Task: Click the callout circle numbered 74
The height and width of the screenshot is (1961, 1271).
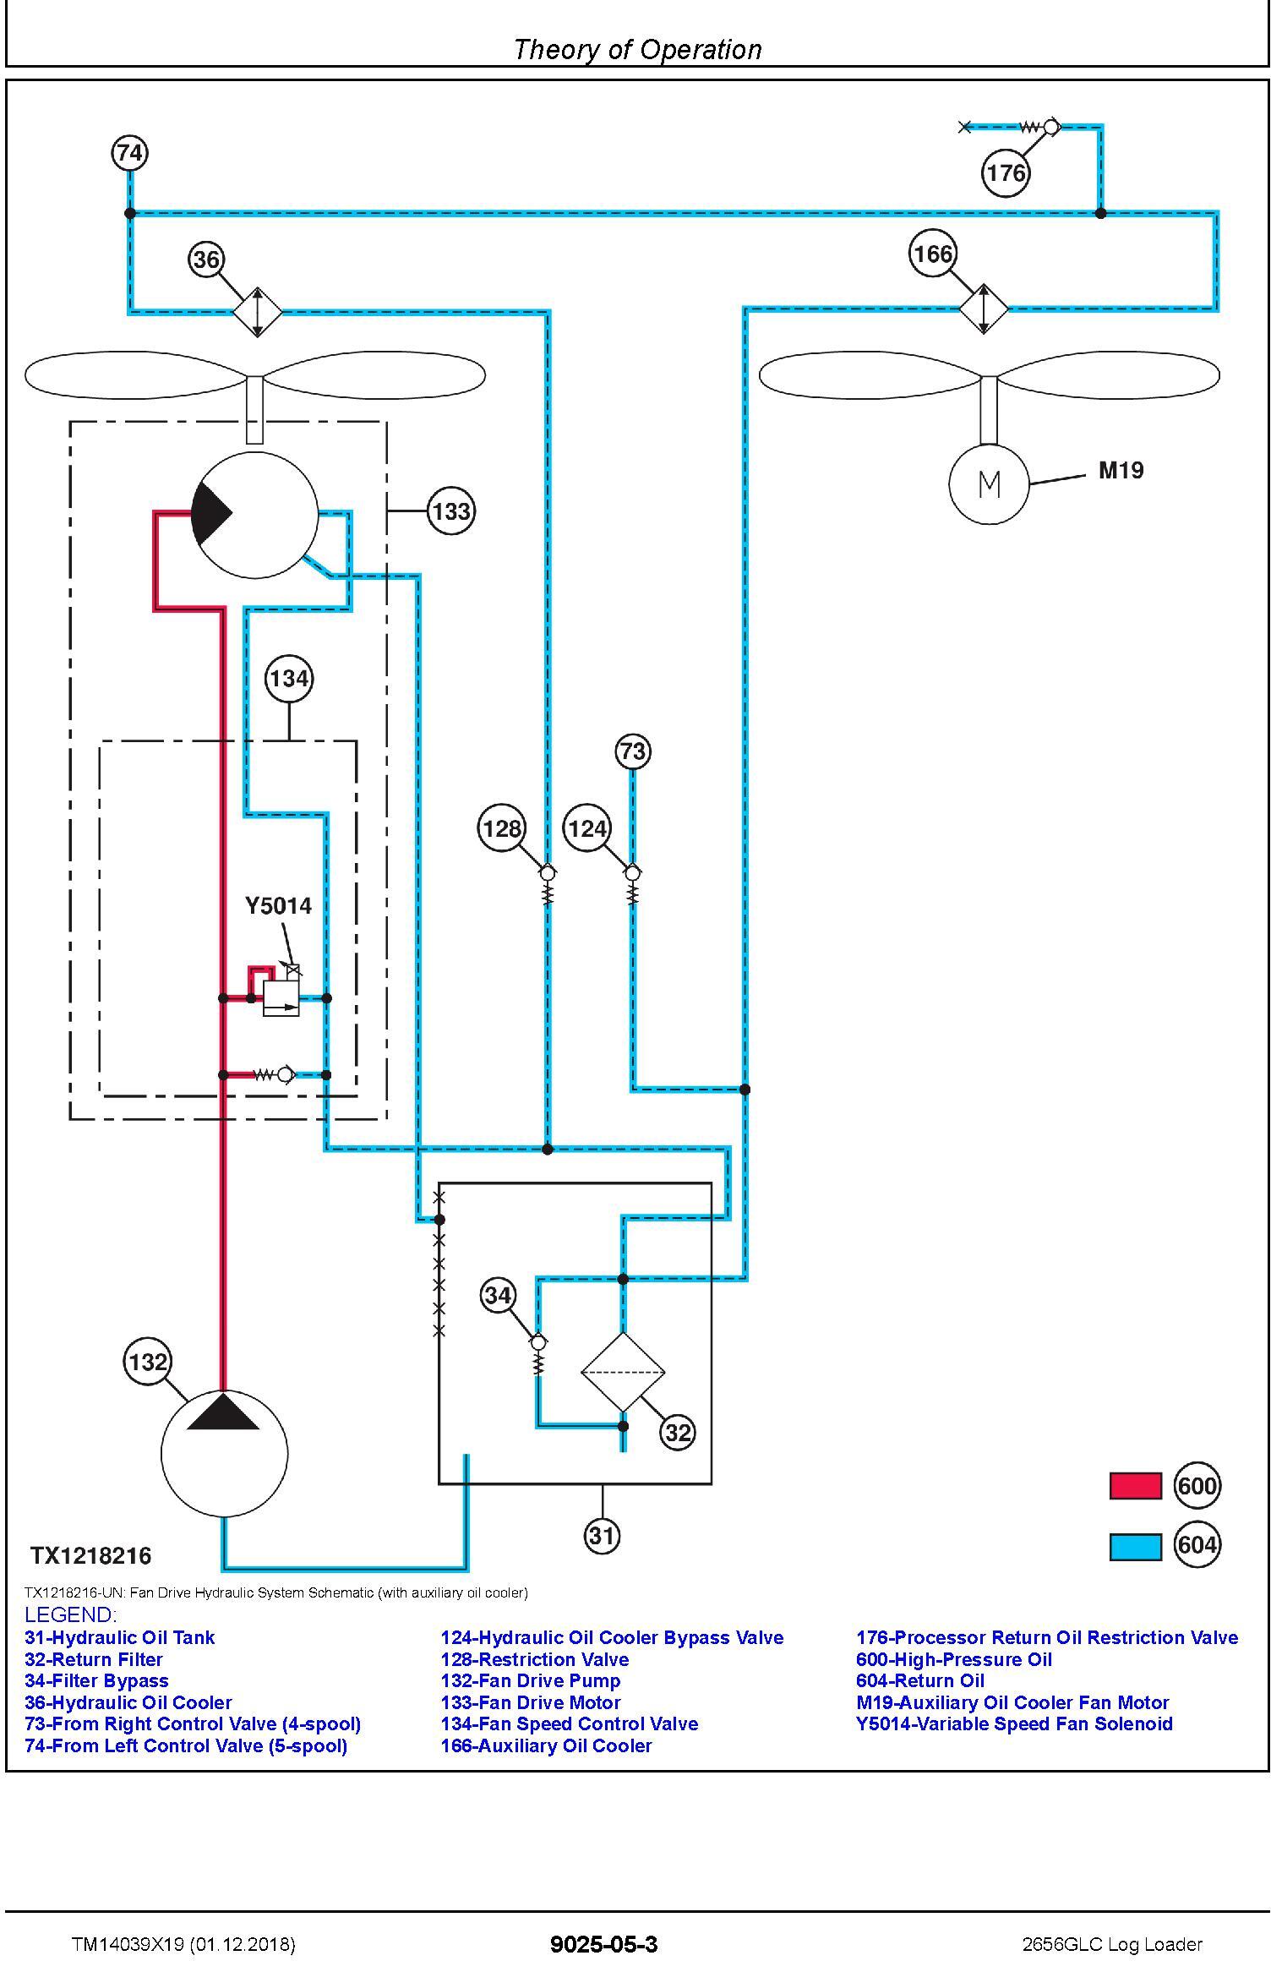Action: pyautogui.click(x=129, y=154)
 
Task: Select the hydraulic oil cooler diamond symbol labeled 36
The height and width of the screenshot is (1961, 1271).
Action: pyautogui.click(x=257, y=312)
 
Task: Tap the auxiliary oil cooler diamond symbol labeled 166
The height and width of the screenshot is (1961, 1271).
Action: pyautogui.click(x=984, y=309)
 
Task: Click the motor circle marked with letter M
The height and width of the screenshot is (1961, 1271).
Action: pyautogui.click(x=989, y=484)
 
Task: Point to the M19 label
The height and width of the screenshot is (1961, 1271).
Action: pyautogui.click(x=1121, y=471)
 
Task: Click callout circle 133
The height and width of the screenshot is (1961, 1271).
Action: pyautogui.click(x=450, y=511)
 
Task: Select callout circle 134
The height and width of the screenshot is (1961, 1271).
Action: pyautogui.click(x=289, y=679)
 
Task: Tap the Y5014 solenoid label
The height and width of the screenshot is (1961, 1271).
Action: pyautogui.click(x=278, y=906)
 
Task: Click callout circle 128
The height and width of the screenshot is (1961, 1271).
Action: pyautogui.click(x=502, y=828)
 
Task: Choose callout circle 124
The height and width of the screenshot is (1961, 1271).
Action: pyautogui.click(x=587, y=828)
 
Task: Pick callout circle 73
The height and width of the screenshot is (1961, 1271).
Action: pyautogui.click(x=633, y=751)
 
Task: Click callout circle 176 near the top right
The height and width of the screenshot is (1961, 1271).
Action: pyautogui.click(x=1006, y=173)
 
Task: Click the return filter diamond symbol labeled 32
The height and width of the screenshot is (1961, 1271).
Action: pyautogui.click(x=623, y=1372)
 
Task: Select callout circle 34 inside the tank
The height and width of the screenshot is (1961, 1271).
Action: pyautogui.click(x=498, y=1296)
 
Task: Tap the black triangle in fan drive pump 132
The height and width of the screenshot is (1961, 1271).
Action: pyautogui.click(x=223, y=1412)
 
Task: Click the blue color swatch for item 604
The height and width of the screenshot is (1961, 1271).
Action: pyautogui.click(x=1135, y=1546)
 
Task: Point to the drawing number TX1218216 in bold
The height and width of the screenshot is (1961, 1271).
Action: pyautogui.click(x=91, y=1556)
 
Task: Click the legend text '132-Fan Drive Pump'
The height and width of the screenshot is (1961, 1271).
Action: pyautogui.click(x=531, y=1680)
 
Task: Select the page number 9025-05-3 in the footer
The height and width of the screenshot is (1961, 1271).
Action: pyautogui.click(x=603, y=1944)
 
